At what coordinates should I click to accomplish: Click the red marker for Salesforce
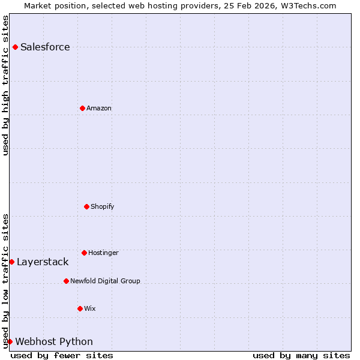15,47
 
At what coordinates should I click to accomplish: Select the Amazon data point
82,108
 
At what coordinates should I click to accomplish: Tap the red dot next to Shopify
86,206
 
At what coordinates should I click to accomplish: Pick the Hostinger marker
84,253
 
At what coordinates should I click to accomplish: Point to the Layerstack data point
11,262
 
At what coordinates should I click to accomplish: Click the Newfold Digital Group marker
66,281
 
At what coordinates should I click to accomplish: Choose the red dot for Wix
80,308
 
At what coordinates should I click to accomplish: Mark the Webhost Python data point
10,341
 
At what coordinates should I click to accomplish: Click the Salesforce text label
45,47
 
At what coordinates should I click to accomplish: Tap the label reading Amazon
99,108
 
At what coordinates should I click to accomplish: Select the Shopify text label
103,206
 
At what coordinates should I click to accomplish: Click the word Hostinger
103,253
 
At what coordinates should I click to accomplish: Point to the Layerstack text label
43,262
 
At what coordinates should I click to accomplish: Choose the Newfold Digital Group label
105,281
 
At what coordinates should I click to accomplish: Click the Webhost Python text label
54,341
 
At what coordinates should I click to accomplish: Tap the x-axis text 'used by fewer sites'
62,355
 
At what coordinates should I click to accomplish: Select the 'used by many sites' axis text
301,355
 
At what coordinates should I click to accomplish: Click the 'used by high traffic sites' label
5,85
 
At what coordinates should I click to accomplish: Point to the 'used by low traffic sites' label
5,281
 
